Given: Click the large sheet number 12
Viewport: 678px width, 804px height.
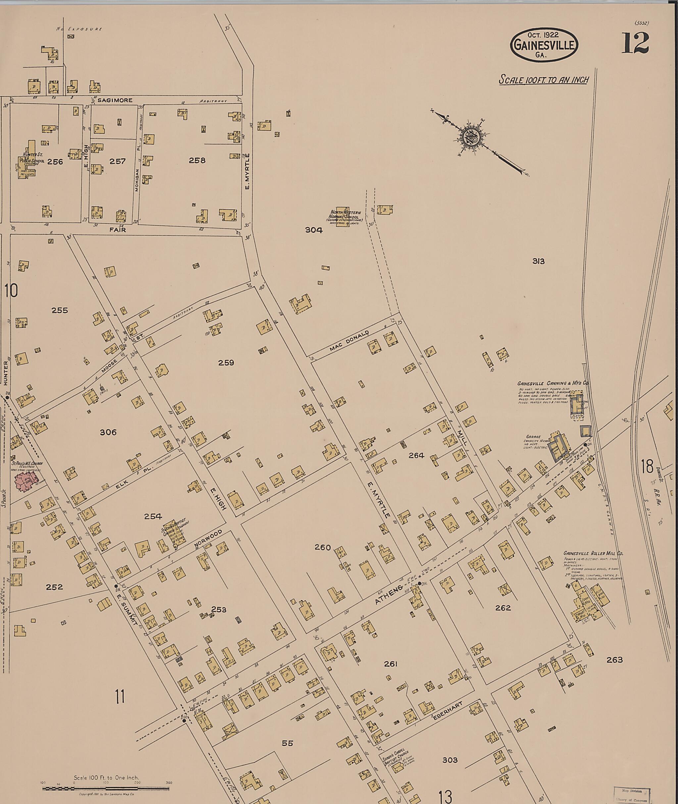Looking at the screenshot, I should [635, 43].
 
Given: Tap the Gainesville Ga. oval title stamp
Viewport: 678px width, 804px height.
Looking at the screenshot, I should [544, 45].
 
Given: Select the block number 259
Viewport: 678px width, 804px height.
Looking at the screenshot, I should [226, 363].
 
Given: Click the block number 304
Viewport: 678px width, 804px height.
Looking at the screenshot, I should [314, 230].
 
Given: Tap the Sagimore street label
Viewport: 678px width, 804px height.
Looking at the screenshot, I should [115, 100].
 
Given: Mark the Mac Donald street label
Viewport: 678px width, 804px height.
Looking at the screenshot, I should [349, 341].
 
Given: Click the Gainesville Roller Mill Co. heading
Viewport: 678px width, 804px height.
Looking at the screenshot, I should [593, 553].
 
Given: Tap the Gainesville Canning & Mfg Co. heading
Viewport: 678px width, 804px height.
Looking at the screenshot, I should [553, 383].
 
